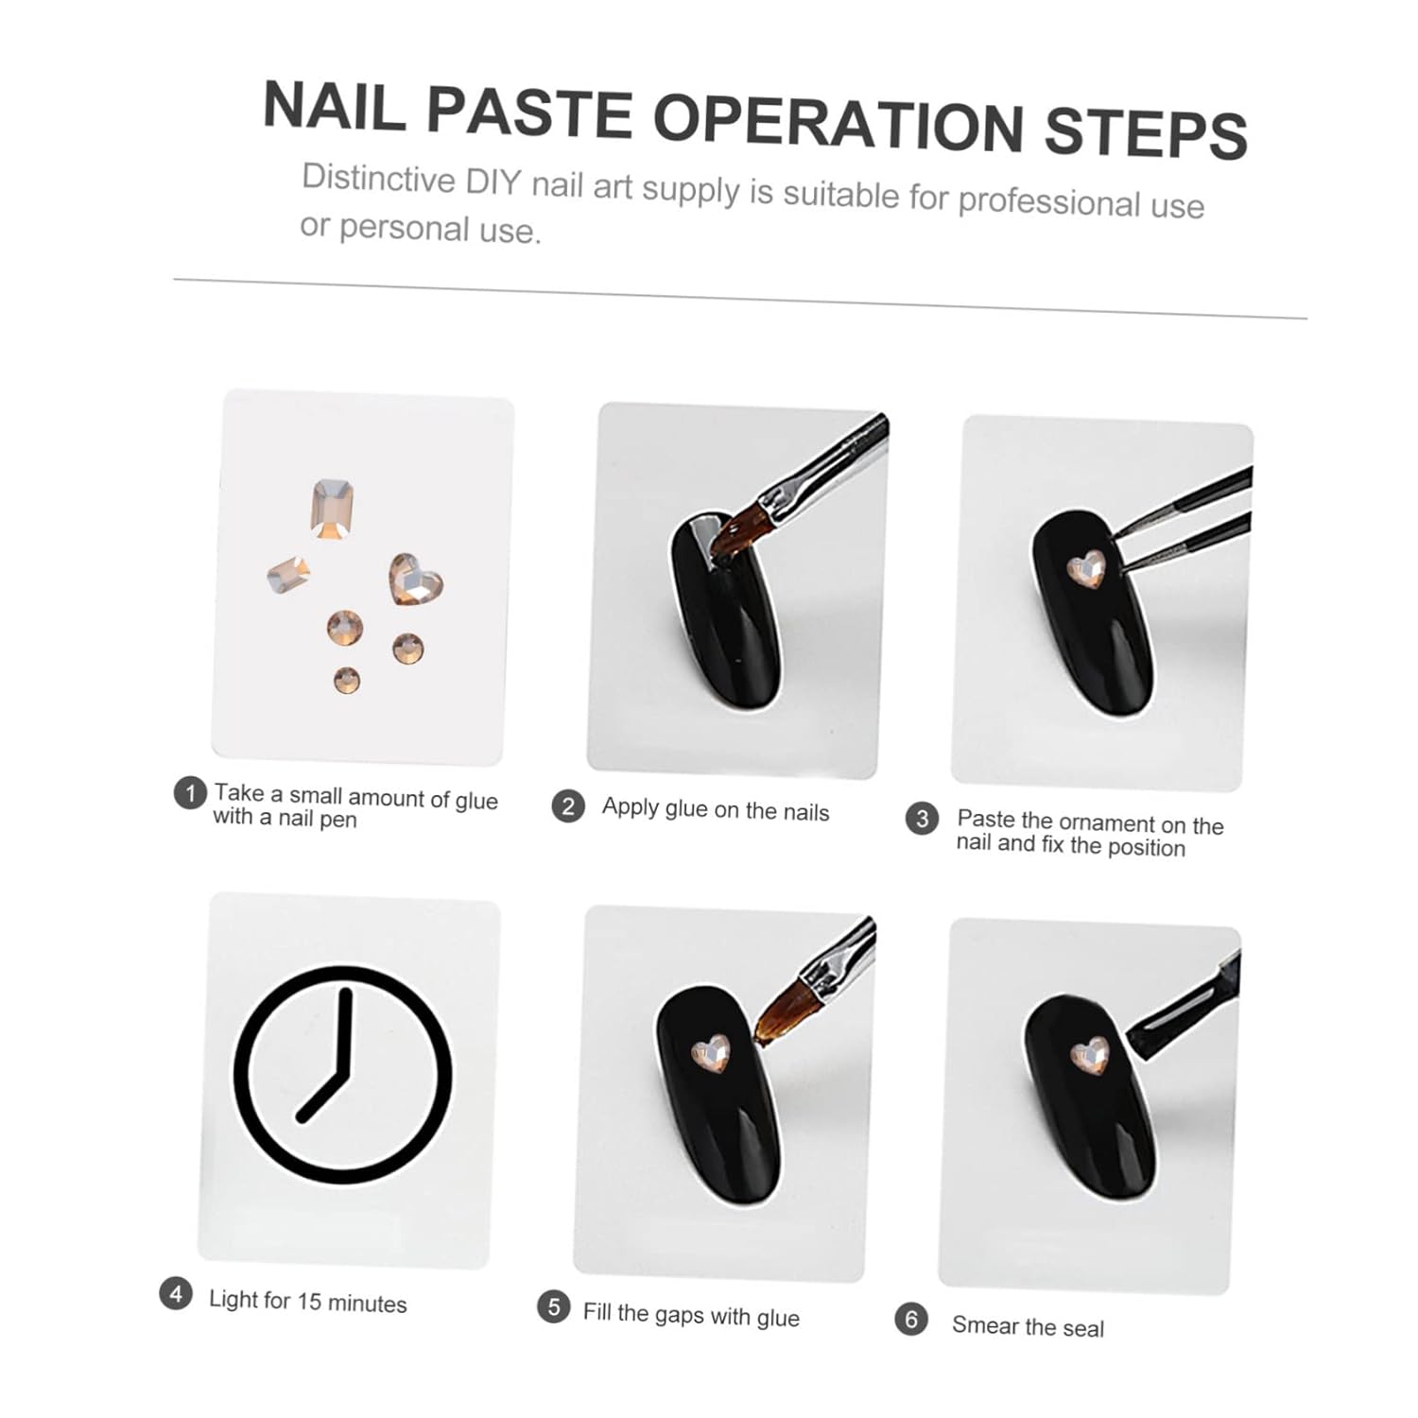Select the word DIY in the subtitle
click(493, 181)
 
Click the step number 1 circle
click(190, 793)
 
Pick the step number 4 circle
click(176, 1293)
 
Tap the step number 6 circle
click(911, 1320)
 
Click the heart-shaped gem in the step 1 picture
click(414, 579)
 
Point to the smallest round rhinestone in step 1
click(347, 680)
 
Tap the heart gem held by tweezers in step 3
click(1085, 569)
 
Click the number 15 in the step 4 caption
click(309, 1302)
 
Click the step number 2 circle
click(568, 806)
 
